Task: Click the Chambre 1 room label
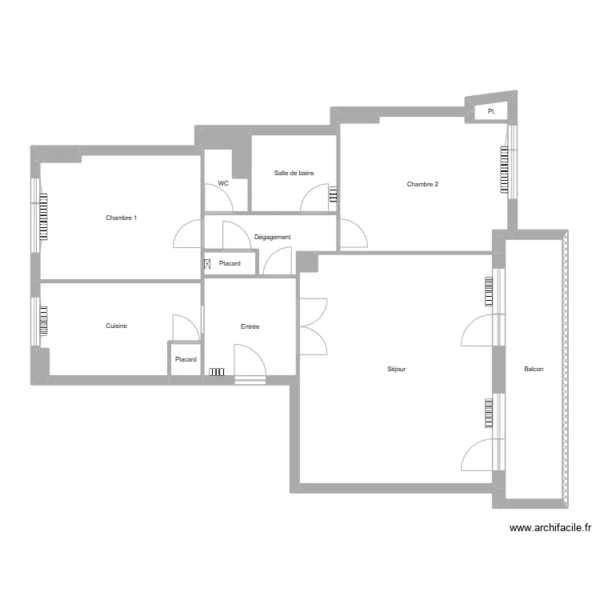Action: [x=122, y=218]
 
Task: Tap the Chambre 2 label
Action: [x=422, y=184]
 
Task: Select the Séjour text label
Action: [x=396, y=370]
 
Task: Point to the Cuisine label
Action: [x=117, y=326]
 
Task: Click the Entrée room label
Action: [x=250, y=326]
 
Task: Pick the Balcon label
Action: [x=534, y=369]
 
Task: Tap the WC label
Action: [x=223, y=183]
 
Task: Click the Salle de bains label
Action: [x=294, y=173]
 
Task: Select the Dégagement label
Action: [x=272, y=237]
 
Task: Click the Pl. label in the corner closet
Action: [x=491, y=112]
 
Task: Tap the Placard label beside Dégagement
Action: [x=230, y=263]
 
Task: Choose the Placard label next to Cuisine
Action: [x=186, y=360]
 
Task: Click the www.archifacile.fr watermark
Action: [x=550, y=528]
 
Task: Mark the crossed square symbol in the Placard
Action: [x=207, y=263]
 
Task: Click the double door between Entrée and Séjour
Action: [x=313, y=326]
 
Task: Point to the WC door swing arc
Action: [x=220, y=197]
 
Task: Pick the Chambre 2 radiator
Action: [x=504, y=170]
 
